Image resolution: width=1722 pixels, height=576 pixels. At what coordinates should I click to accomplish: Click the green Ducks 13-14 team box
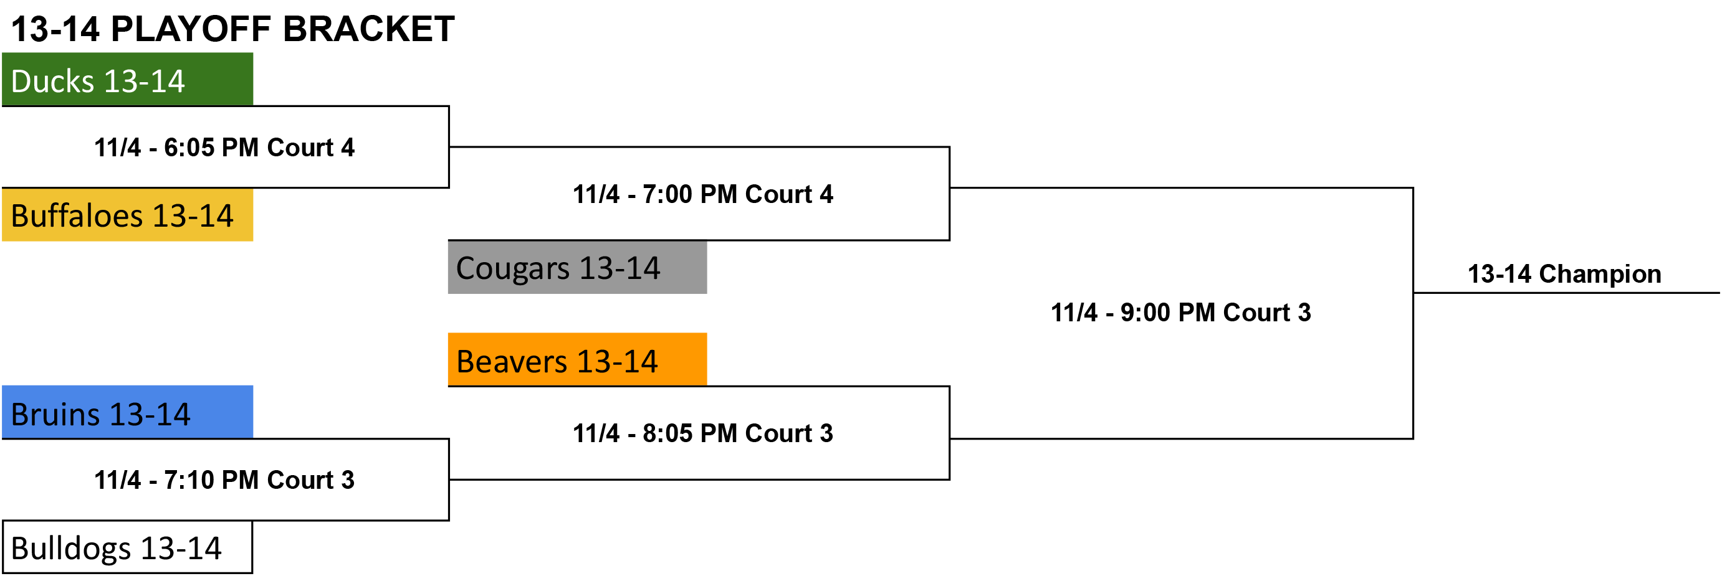127,79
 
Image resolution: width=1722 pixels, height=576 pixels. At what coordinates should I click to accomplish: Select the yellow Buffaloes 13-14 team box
127,214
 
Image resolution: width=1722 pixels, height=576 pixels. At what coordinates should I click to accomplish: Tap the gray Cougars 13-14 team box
577,267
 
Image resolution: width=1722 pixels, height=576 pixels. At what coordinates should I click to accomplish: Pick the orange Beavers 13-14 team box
577,359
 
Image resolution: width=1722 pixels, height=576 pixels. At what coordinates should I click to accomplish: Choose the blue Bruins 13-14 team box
127,412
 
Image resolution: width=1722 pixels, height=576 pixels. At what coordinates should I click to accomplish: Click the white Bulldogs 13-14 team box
127,547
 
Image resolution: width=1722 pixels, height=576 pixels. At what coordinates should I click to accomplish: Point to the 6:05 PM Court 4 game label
224,148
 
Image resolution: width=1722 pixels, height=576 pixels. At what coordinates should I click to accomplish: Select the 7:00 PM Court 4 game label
702,194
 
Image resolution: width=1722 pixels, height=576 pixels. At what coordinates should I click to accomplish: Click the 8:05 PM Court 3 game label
702,433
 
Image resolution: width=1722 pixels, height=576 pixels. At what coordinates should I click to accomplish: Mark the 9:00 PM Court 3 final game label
1180,313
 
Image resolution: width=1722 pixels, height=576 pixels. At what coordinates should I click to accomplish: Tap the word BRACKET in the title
369,29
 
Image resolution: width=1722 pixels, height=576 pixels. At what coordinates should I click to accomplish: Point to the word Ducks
53,82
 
